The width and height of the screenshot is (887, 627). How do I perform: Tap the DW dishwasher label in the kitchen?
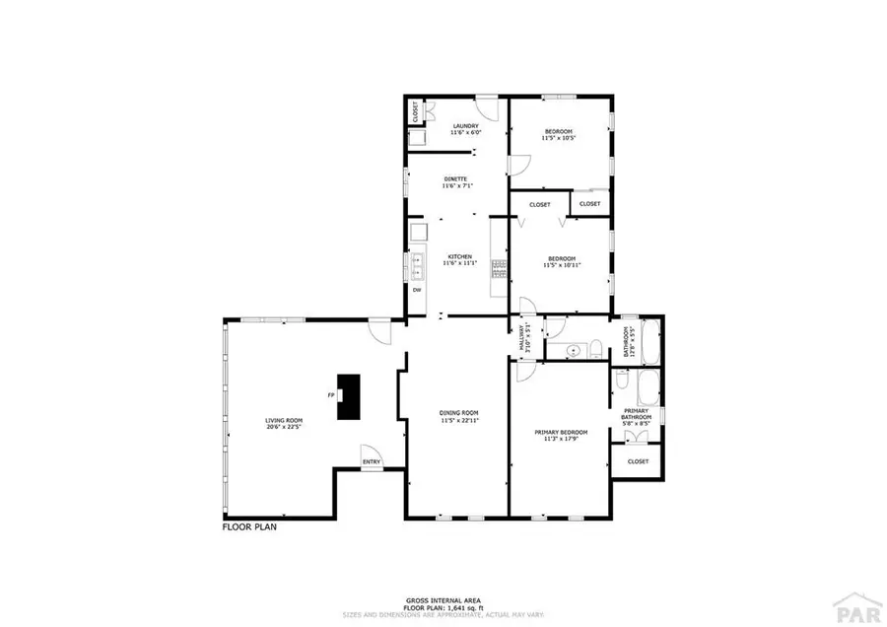pyautogui.click(x=417, y=290)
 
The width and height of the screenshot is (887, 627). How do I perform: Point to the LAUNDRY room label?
pyautogui.click(x=465, y=126)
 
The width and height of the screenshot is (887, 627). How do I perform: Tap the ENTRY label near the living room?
pyautogui.click(x=372, y=461)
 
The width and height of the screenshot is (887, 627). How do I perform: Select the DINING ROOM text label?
pyautogui.click(x=458, y=413)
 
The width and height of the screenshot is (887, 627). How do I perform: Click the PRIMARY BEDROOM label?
pyautogui.click(x=561, y=432)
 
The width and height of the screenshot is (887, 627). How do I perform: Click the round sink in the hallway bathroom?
pyautogui.click(x=574, y=350)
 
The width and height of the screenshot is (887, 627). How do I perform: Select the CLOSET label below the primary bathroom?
pyautogui.click(x=638, y=460)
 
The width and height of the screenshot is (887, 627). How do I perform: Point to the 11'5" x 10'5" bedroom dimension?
pyautogui.click(x=557, y=138)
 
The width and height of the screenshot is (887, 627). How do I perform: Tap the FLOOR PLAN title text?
pyautogui.click(x=249, y=527)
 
